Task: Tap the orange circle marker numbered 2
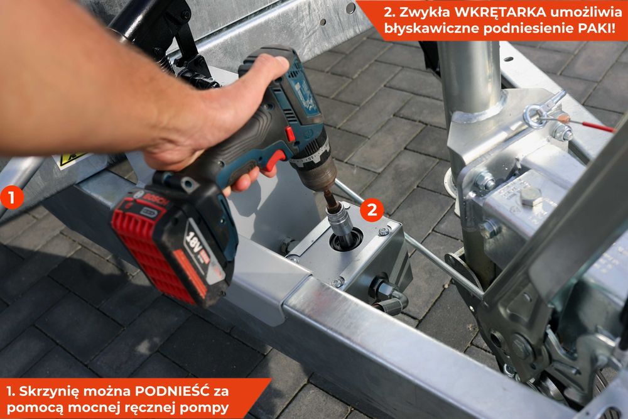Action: pos(372,210)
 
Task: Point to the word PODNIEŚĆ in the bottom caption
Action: pos(173,391)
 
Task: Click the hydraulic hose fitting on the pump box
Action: pos(386,295)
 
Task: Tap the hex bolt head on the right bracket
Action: pos(531,196)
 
